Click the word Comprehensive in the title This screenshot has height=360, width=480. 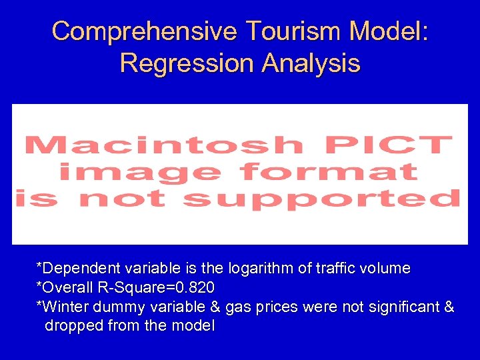(x=143, y=31)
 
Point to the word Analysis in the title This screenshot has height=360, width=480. (x=311, y=63)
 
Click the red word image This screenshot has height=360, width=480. (x=140, y=172)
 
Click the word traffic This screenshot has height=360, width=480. (x=336, y=269)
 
